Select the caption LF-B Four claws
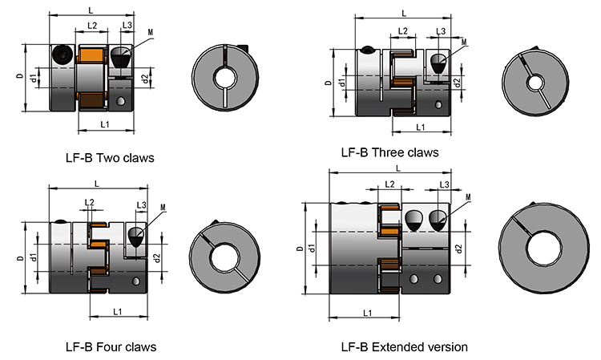click(111, 347)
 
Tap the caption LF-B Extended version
click(404, 347)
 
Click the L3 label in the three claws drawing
click(441, 30)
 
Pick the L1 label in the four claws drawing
click(117, 310)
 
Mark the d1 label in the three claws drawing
click(342, 83)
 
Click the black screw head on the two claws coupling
click(63, 55)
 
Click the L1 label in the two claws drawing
click(105, 124)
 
